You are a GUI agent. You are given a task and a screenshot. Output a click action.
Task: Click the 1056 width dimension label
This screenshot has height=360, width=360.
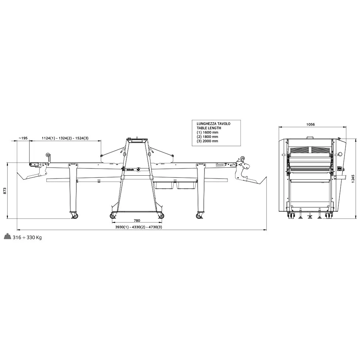310,125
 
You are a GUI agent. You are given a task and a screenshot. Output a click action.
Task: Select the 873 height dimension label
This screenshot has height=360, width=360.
5,191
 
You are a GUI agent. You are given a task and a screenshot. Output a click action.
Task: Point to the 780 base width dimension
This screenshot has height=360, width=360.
137,221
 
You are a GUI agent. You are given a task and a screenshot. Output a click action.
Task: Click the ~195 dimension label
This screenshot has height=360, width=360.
23,138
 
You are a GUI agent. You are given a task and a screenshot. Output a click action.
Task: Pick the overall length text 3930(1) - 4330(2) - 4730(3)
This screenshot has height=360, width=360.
139,227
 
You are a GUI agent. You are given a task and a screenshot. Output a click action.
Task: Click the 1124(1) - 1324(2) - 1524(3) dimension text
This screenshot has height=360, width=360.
65,138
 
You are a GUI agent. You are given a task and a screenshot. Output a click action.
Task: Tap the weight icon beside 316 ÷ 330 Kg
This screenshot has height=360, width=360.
7,237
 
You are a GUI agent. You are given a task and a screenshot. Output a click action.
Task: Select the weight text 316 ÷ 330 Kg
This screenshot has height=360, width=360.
27,237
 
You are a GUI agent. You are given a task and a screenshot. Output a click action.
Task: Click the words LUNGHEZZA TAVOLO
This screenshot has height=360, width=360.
213,123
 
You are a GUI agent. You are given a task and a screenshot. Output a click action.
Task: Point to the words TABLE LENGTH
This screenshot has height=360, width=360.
209,128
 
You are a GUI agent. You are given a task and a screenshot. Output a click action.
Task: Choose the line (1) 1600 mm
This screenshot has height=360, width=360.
207,132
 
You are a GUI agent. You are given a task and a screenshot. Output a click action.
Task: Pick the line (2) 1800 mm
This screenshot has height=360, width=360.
207,136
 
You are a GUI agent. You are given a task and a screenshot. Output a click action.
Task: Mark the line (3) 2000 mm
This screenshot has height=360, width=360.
207,141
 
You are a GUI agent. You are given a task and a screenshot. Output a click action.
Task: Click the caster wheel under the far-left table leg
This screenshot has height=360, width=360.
75,216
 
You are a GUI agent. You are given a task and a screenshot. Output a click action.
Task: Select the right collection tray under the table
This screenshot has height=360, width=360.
186,185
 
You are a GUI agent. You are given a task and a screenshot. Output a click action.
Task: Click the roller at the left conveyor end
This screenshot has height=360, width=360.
47,155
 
